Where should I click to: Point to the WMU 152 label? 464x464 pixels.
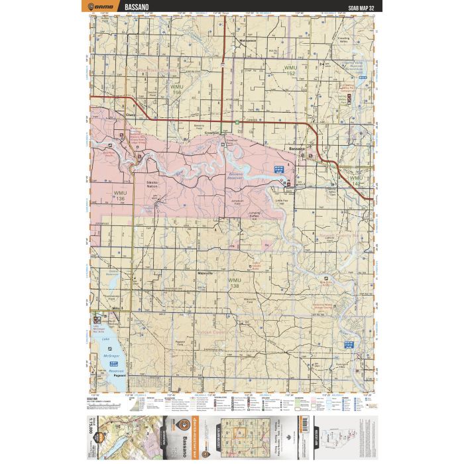point(290,69)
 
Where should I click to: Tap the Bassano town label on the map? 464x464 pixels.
point(294,149)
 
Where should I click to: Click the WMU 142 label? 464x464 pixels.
point(356,180)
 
